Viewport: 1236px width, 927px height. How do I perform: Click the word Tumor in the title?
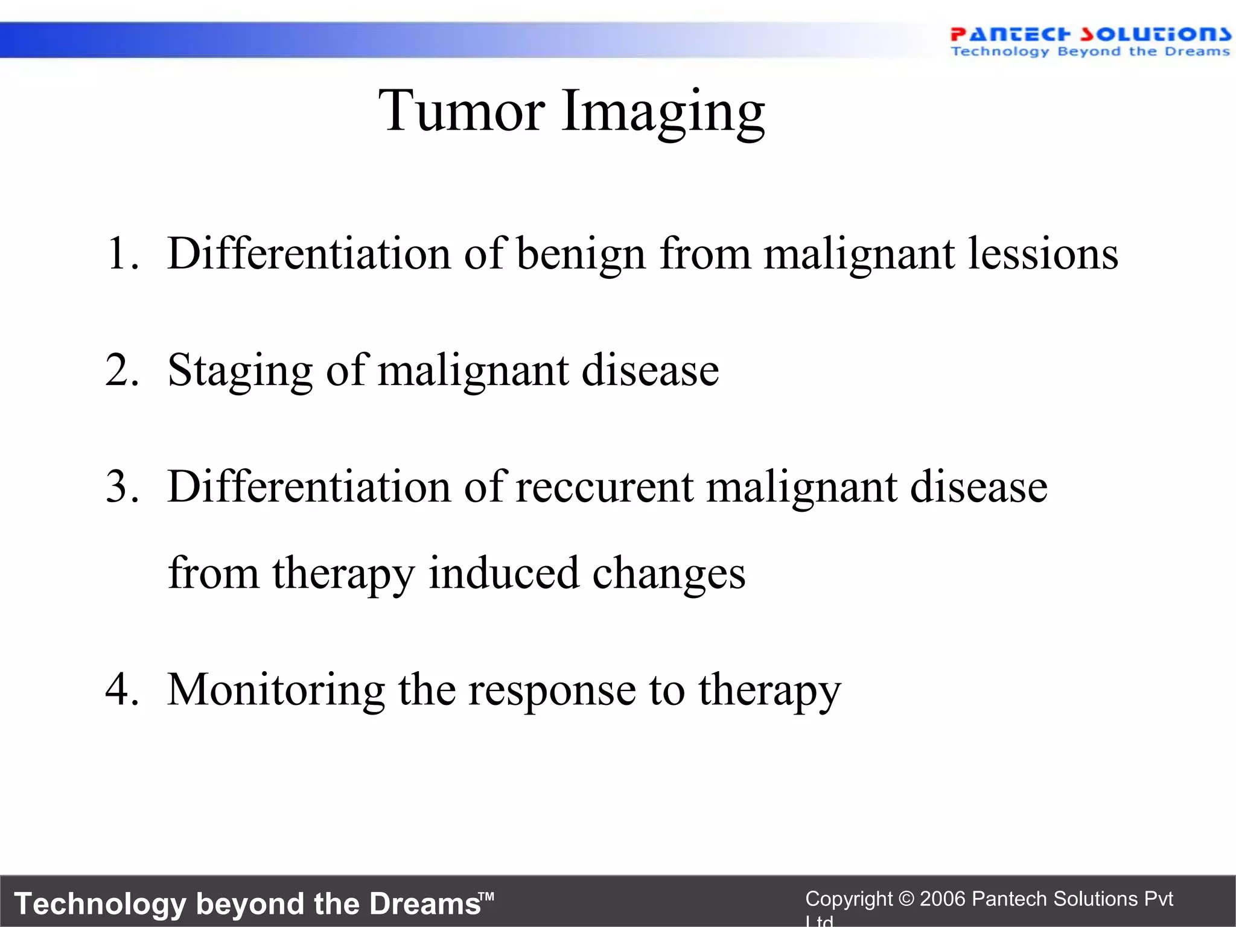[462, 111]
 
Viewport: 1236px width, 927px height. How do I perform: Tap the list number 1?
[121, 253]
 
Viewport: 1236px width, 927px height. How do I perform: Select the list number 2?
[121, 370]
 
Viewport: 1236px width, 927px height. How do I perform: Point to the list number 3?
[121, 486]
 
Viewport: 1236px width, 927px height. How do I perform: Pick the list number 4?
[121, 689]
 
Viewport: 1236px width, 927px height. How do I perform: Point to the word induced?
[503, 573]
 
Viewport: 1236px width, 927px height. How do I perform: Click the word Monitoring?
[276, 690]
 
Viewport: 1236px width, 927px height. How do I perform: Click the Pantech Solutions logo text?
[1090, 34]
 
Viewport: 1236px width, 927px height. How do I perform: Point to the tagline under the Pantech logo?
[1090, 52]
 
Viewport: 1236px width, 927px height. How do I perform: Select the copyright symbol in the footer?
[906, 899]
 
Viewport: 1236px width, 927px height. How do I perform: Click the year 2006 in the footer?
[943, 899]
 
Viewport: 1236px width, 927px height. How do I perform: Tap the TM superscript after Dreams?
[487, 896]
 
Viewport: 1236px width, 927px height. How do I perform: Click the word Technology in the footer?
[100, 904]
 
